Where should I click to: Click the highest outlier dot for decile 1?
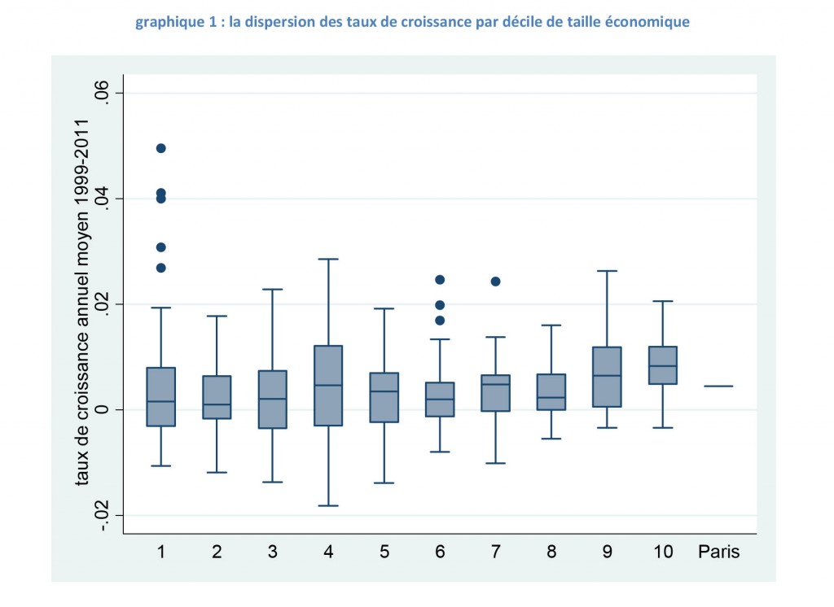click(x=161, y=148)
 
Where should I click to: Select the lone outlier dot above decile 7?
click(x=495, y=282)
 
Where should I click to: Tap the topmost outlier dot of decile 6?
click(x=440, y=280)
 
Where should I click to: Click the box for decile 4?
click(x=328, y=386)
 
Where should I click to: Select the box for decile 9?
click(x=607, y=377)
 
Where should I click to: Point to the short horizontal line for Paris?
click(x=718, y=386)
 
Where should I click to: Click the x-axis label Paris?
click(x=718, y=552)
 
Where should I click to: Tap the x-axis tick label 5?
click(x=384, y=552)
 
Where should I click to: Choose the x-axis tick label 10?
click(x=663, y=552)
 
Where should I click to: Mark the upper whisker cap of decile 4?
click(x=328, y=259)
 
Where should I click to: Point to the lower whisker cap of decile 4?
click(x=328, y=505)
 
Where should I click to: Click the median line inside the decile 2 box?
click(x=217, y=404)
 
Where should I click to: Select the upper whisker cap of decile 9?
click(x=607, y=271)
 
